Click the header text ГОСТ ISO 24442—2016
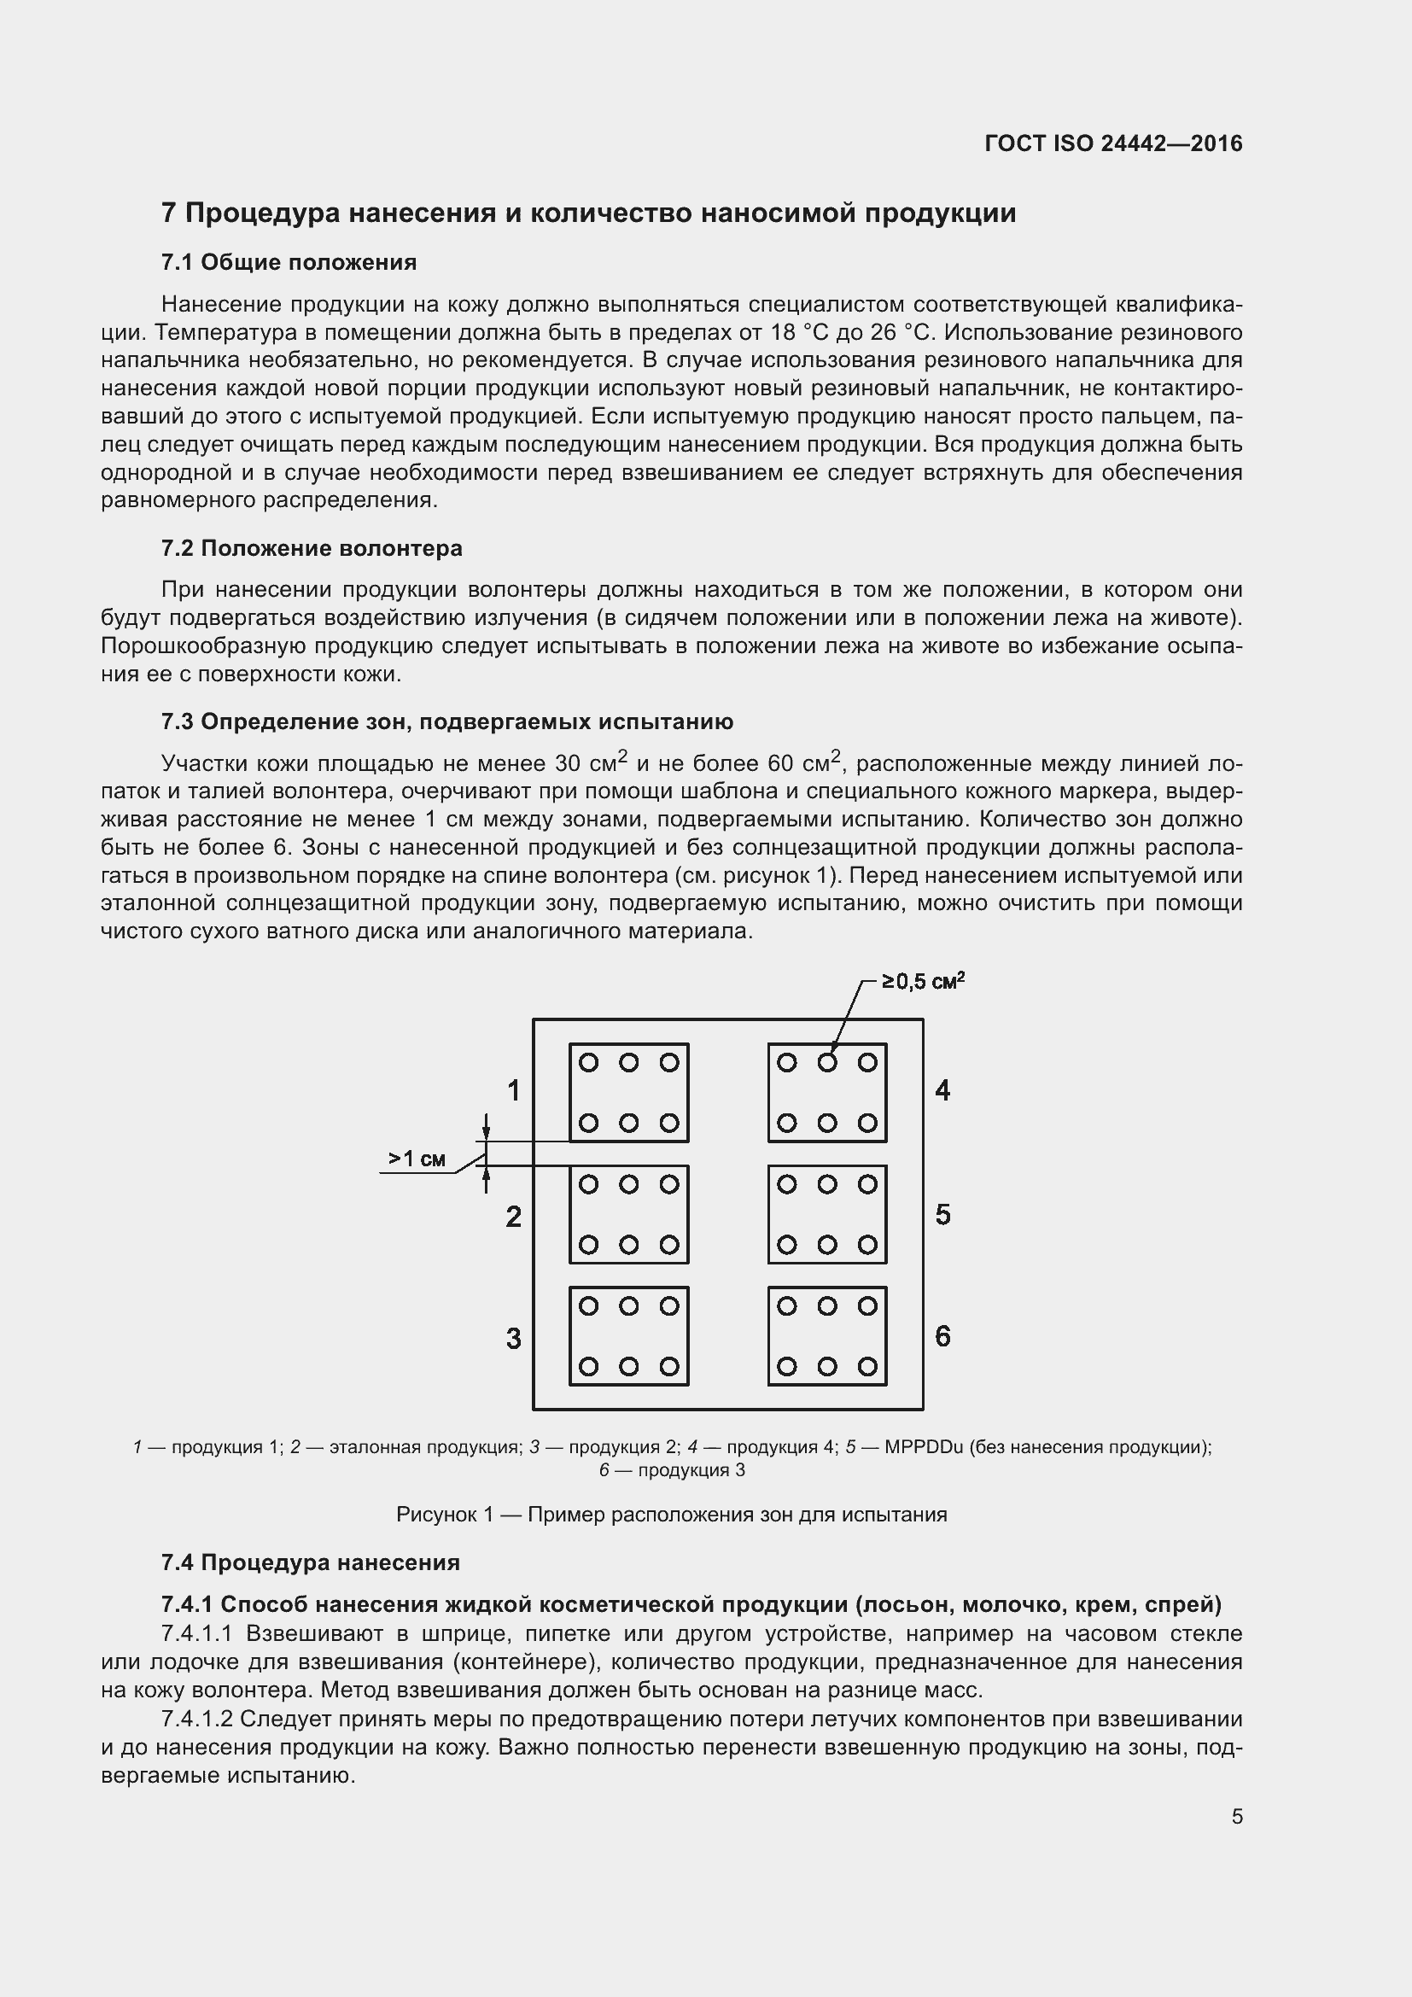[1113, 143]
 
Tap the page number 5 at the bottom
[1236, 1817]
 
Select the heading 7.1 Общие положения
[289, 262]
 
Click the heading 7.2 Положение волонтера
[312, 548]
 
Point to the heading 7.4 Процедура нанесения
[311, 1562]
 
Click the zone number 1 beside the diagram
[514, 1089]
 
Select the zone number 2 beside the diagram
[514, 1216]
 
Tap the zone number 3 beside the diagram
[514, 1338]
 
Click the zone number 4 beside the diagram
[942, 1089]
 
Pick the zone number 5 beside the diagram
[942, 1214]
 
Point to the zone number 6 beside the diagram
[942, 1336]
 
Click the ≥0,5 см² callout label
[924, 982]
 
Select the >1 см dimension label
[417, 1159]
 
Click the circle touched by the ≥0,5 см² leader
[827, 1062]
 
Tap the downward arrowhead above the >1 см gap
[486, 1132]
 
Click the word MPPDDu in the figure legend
[924, 1447]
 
